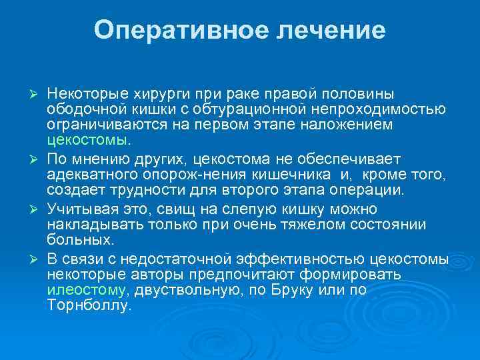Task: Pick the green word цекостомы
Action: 89,141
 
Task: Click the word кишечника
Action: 296,174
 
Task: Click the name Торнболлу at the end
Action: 89,307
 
